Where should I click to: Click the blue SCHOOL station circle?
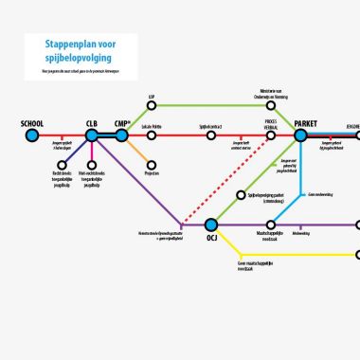pos(31,136)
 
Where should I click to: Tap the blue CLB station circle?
pos(92,136)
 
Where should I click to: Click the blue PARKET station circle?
pos(301,136)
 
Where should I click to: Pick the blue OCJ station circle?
pos(211,225)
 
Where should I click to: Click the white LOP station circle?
pos(152,105)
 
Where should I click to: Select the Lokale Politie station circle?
pos(152,136)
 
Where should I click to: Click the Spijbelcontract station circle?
pos(211,136)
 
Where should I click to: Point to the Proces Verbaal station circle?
pos(271,136)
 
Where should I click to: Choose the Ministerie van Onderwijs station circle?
pos(271,105)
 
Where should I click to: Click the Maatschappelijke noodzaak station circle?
pos(271,225)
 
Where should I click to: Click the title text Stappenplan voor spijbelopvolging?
pos(81,51)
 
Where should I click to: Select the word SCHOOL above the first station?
pos(31,123)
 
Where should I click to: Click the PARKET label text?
pos(307,123)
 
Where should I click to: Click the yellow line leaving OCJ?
pos(284,255)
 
